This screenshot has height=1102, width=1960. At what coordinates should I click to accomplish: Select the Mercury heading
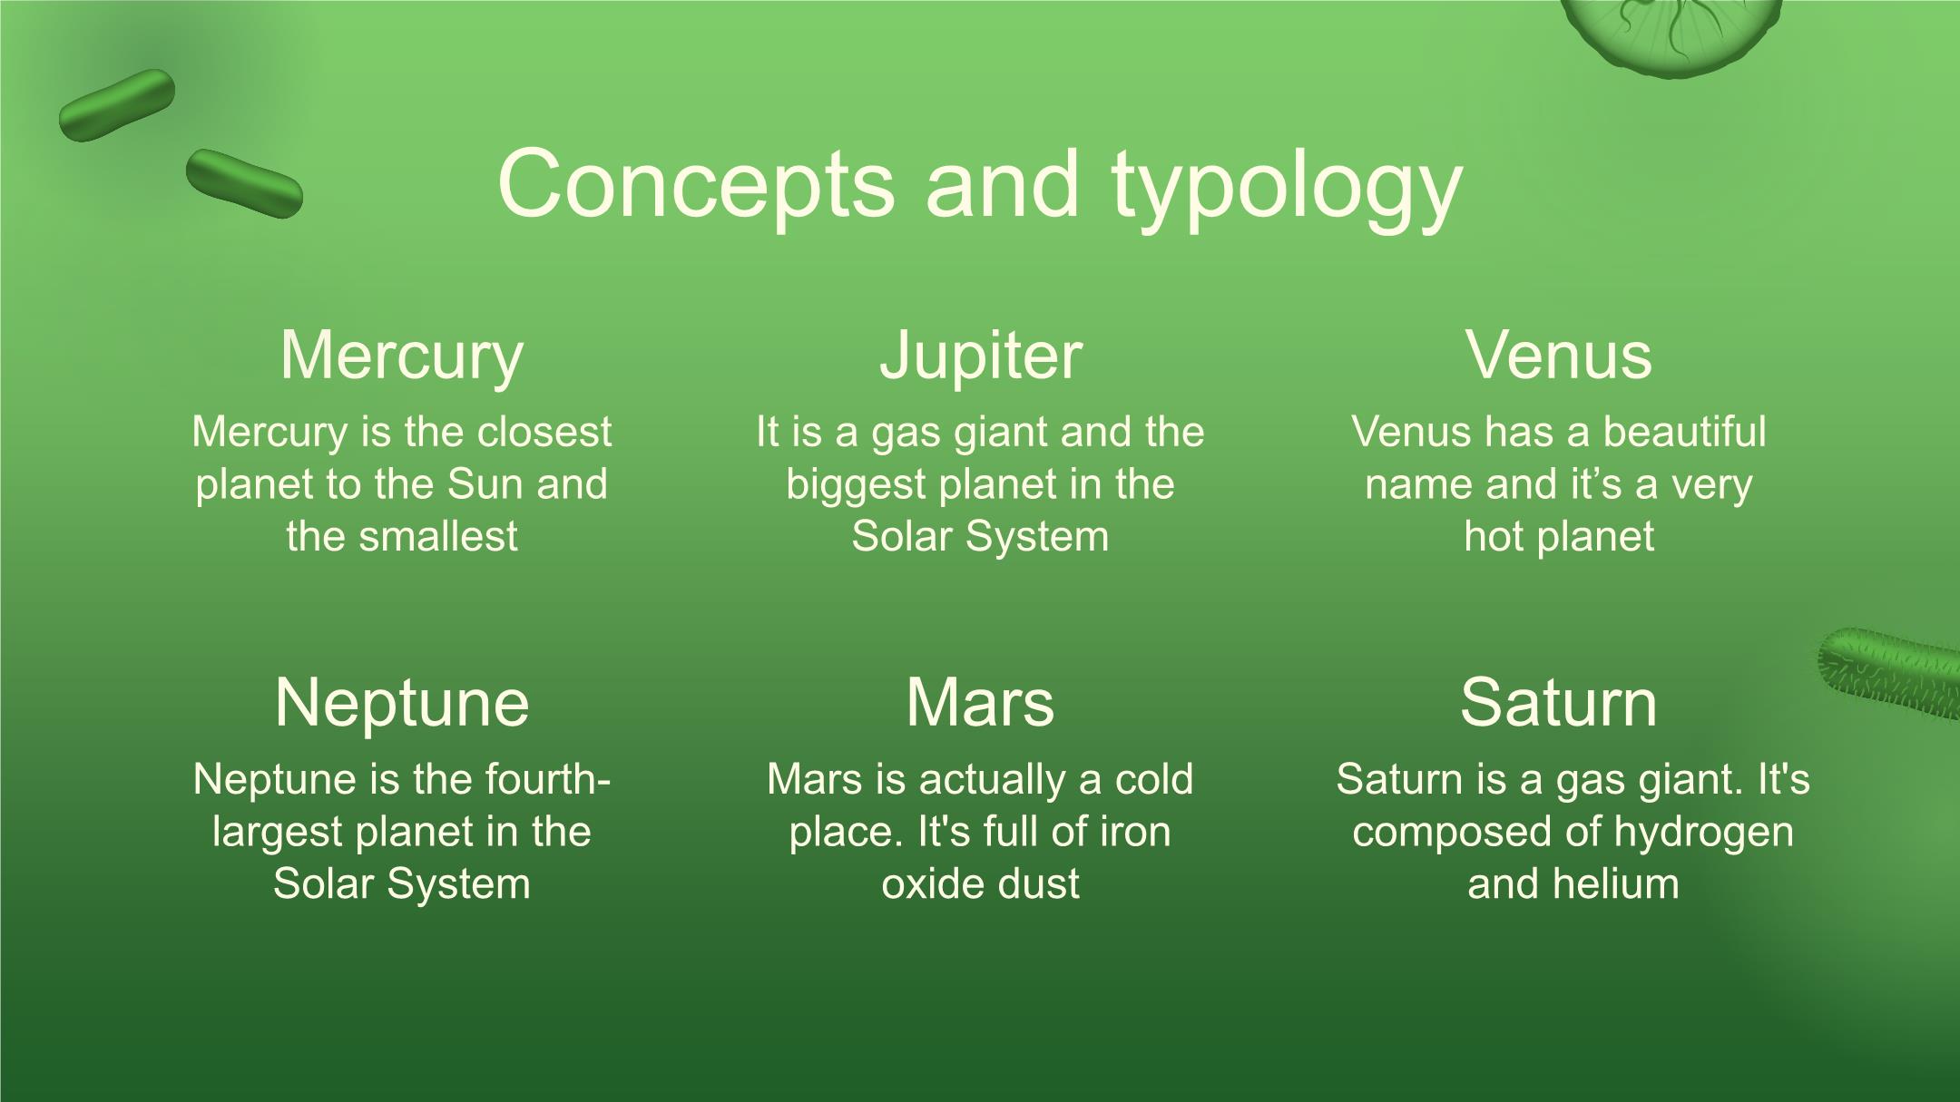coord(402,356)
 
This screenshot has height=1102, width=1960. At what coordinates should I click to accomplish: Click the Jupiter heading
coord(981,356)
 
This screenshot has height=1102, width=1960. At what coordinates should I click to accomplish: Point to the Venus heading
coord(1559,355)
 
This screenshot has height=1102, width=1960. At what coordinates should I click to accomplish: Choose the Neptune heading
coord(402,703)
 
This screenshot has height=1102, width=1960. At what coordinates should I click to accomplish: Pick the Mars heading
coord(980,703)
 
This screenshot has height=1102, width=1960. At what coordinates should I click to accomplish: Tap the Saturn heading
coord(1559,703)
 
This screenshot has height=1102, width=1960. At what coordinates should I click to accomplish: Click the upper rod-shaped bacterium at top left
coord(117,105)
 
